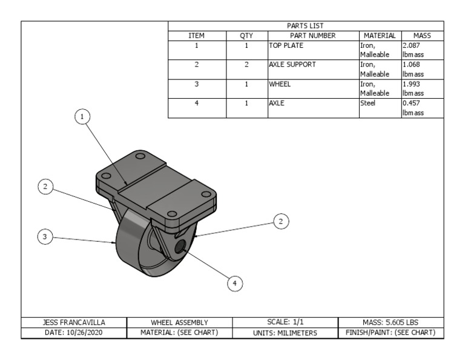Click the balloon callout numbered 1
pos(83,116)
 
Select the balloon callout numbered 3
pos(44,237)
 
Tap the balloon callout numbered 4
pos(235,282)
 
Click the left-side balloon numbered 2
pos(45,187)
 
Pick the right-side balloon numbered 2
pos(281,221)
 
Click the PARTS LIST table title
pos(305,25)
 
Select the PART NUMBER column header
pos(313,36)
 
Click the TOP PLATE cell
pos(286,45)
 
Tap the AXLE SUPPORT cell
pos(292,64)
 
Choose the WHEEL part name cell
pos(280,84)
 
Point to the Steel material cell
pos(368,103)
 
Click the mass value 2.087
pos(411,45)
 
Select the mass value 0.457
pos(411,103)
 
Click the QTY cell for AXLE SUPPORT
pos(246,64)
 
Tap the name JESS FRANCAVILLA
pos(73,322)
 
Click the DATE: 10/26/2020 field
pos(73,333)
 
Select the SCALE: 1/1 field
pos(285,322)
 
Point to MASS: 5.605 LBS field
pos(390,322)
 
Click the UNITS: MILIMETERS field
pos(285,333)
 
